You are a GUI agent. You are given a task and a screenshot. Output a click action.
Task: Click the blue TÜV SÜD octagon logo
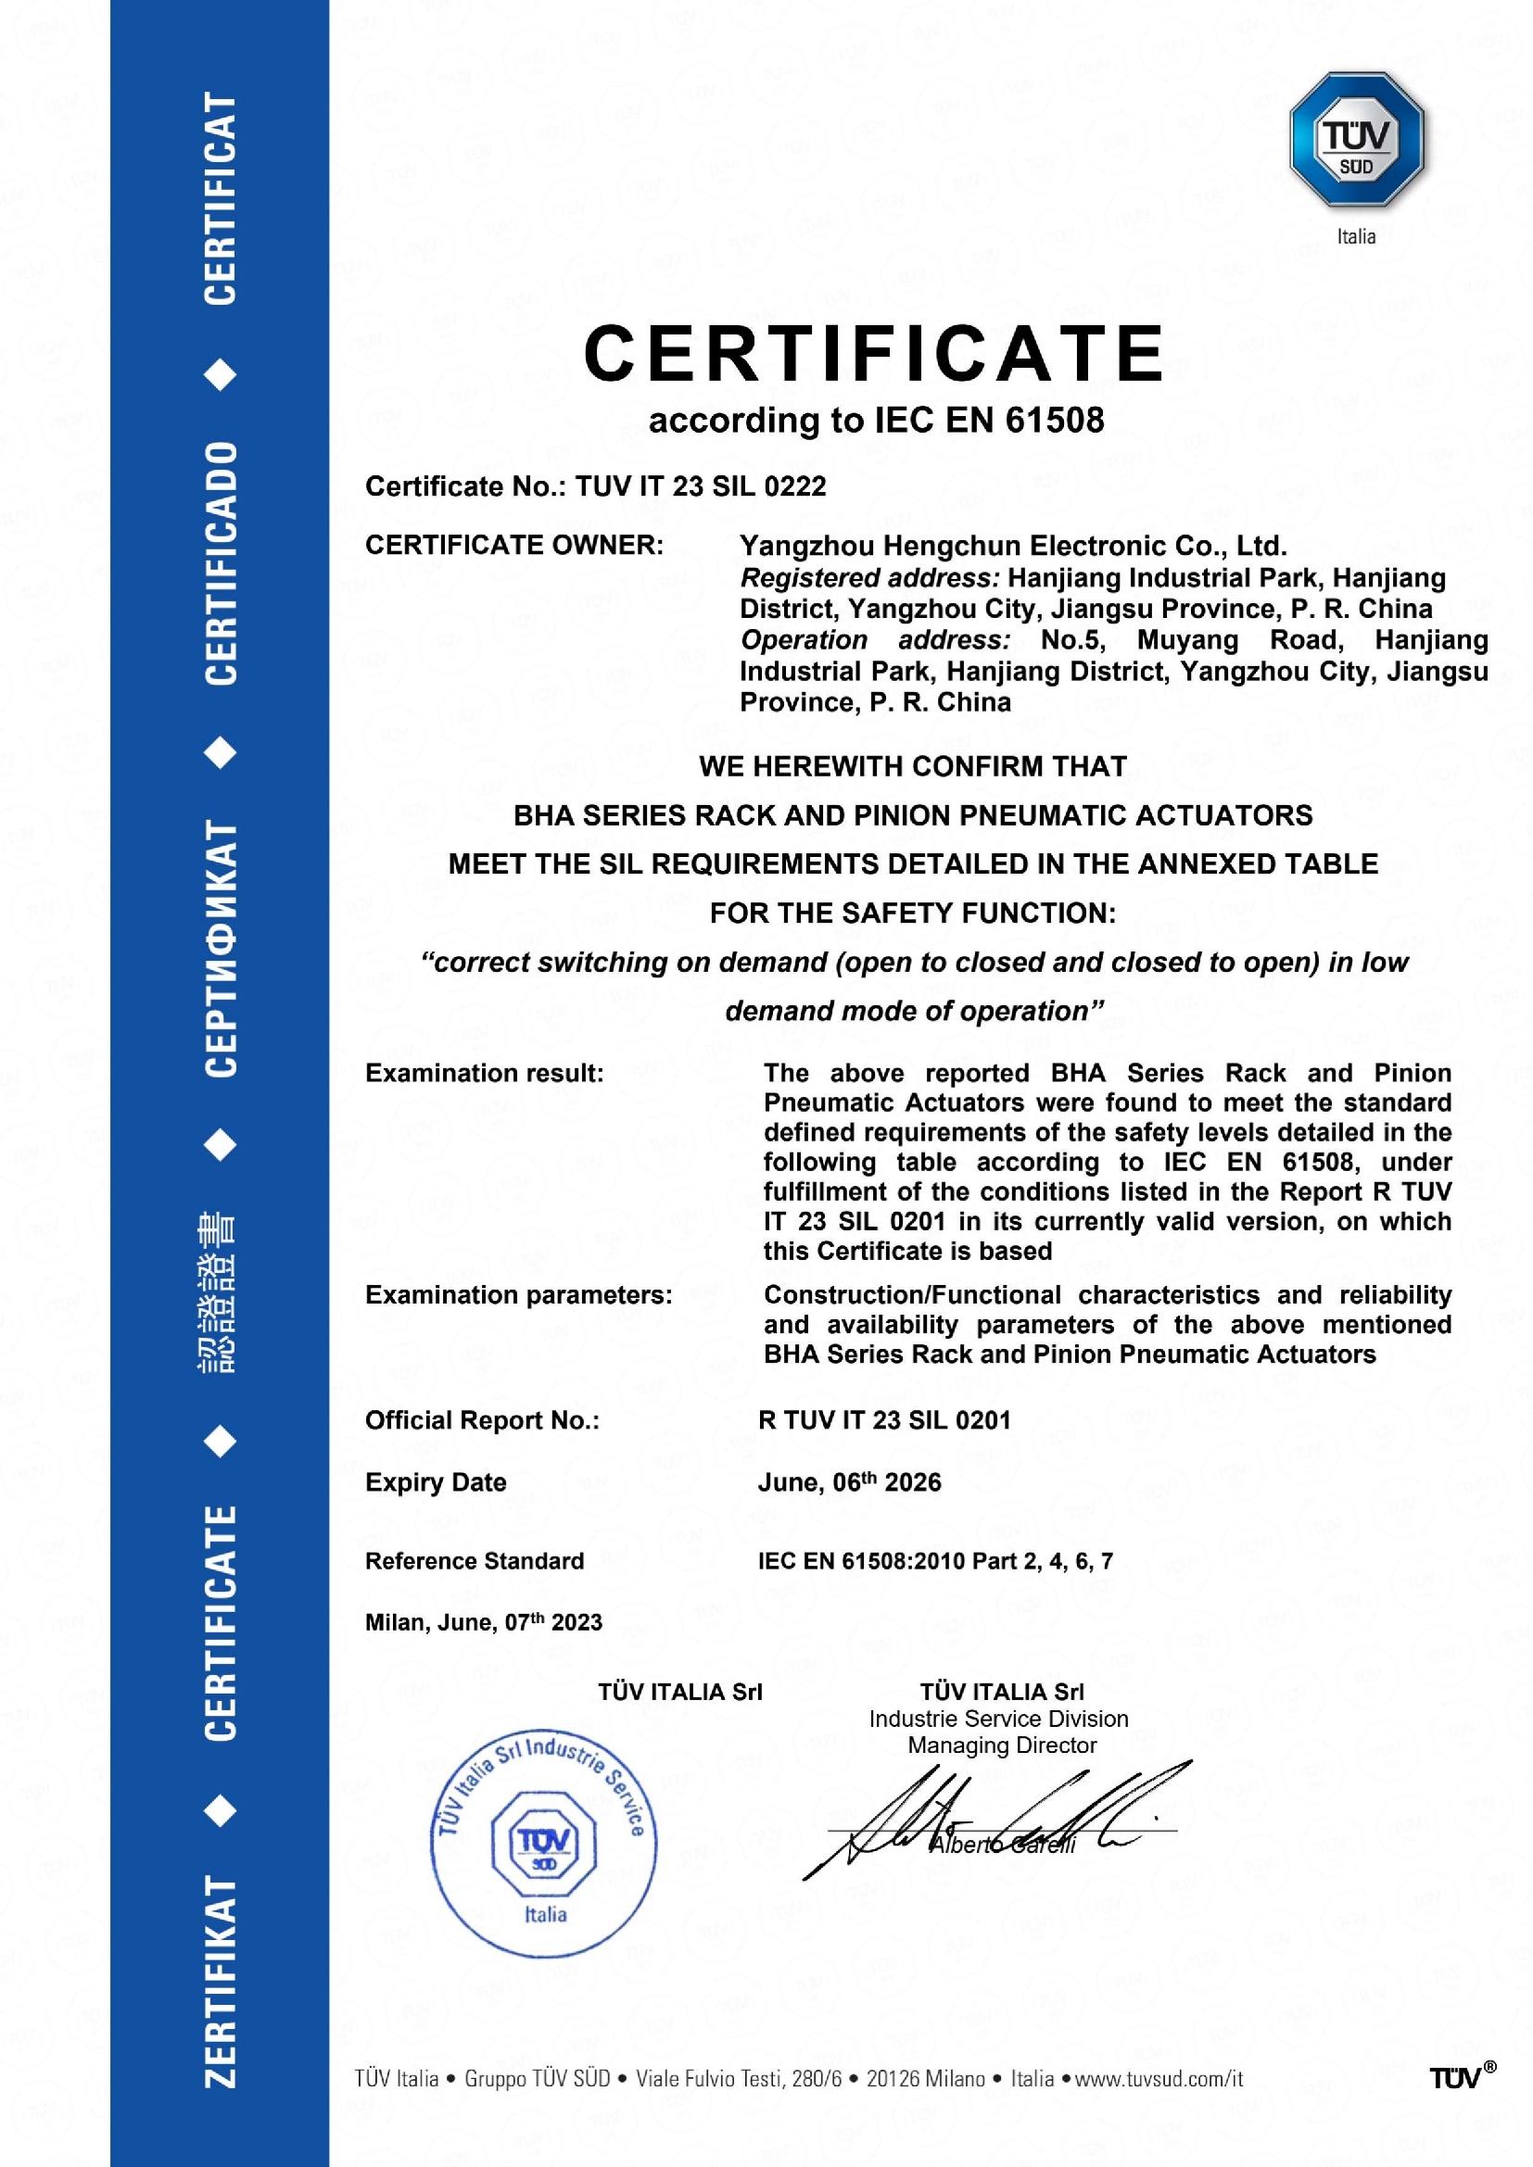click(x=1356, y=140)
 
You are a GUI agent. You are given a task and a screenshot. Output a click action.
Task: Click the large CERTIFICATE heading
click(x=874, y=354)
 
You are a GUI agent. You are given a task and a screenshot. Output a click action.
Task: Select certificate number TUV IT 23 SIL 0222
click(x=701, y=486)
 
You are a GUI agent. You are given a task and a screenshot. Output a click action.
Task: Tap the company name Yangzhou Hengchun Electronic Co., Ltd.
click(x=1013, y=546)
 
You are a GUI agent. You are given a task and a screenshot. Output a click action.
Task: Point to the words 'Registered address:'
click(x=869, y=577)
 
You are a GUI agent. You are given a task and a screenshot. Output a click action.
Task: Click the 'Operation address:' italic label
click(x=875, y=640)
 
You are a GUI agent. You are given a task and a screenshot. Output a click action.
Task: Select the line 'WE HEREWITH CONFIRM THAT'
click(x=913, y=766)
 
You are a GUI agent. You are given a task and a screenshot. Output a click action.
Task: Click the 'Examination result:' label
click(x=484, y=1073)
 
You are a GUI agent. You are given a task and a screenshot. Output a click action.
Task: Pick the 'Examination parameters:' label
click(x=518, y=1295)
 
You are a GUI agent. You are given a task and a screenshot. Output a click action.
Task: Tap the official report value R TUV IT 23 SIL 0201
click(x=883, y=1420)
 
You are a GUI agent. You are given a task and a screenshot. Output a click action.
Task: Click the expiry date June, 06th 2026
click(x=849, y=1482)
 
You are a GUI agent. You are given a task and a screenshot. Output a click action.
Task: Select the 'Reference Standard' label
click(x=474, y=1561)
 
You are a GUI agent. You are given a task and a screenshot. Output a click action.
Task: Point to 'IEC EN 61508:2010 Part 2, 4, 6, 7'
click(x=934, y=1561)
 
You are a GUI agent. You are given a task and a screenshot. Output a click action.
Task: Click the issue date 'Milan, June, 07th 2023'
click(x=483, y=1622)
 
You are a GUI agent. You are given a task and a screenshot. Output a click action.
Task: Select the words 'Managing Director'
click(x=1002, y=1745)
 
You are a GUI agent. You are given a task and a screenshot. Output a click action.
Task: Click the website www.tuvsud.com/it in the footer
click(x=1159, y=2078)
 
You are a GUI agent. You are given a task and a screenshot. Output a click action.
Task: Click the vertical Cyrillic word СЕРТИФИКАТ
click(x=221, y=949)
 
